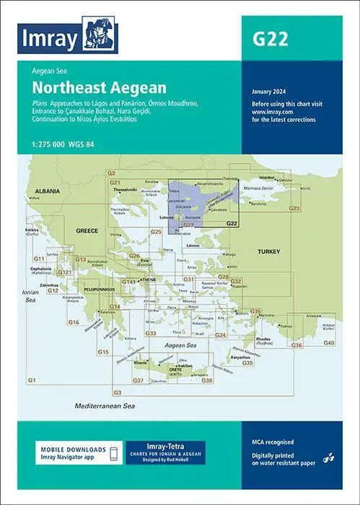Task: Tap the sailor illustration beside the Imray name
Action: [99, 33]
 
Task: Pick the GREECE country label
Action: [87, 230]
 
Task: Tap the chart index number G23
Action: [294, 208]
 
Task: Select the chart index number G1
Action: [32, 379]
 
